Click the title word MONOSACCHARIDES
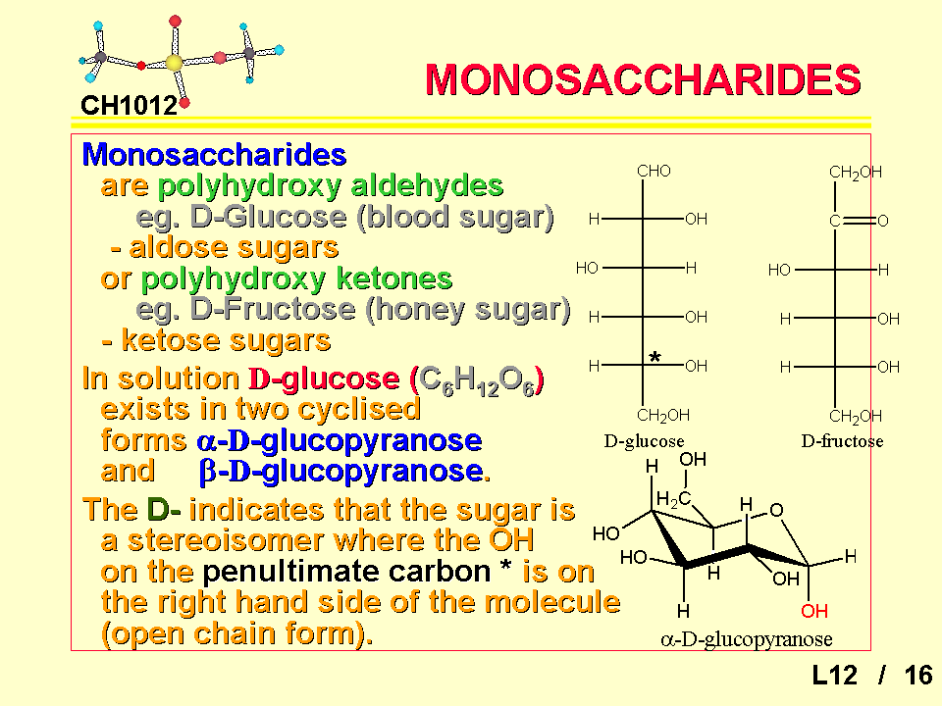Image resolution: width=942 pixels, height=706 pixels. [644, 80]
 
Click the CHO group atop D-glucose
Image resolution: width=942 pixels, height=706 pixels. [654, 172]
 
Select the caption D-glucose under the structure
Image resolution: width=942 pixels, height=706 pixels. [644, 441]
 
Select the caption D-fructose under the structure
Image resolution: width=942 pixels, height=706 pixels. [842, 441]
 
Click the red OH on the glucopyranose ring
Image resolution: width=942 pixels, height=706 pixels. [814, 612]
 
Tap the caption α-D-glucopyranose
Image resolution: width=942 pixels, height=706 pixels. [746, 640]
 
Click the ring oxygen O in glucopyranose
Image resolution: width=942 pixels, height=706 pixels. [776, 509]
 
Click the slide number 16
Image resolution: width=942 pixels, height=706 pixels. [918, 676]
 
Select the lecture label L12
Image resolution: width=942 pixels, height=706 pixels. [834, 676]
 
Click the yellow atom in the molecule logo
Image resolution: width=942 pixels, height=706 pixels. [175, 63]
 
